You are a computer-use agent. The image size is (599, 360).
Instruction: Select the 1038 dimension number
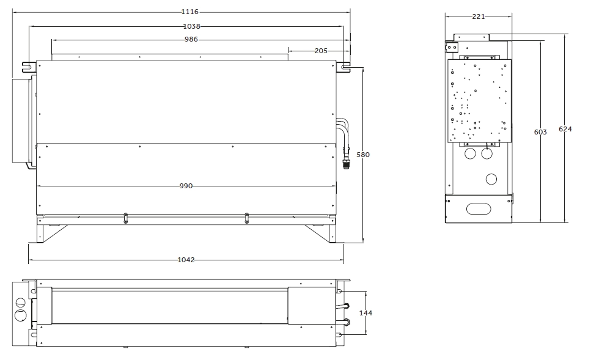[191, 26]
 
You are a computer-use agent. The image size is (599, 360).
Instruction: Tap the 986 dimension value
[191, 39]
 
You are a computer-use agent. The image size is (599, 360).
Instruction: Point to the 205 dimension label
[321, 51]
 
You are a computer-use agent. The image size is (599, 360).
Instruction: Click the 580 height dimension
[363, 155]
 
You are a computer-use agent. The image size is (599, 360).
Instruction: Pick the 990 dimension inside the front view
[186, 186]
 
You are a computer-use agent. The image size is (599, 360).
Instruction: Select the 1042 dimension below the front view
[186, 260]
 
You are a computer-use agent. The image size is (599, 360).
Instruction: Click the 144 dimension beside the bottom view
[366, 312]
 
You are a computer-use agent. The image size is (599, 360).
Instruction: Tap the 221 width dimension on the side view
[479, 17]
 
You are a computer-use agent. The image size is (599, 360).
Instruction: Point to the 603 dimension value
[540, 132]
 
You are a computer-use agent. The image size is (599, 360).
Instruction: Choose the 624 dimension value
[565, 129]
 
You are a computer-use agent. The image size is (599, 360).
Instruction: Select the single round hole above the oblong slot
[492, 179]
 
